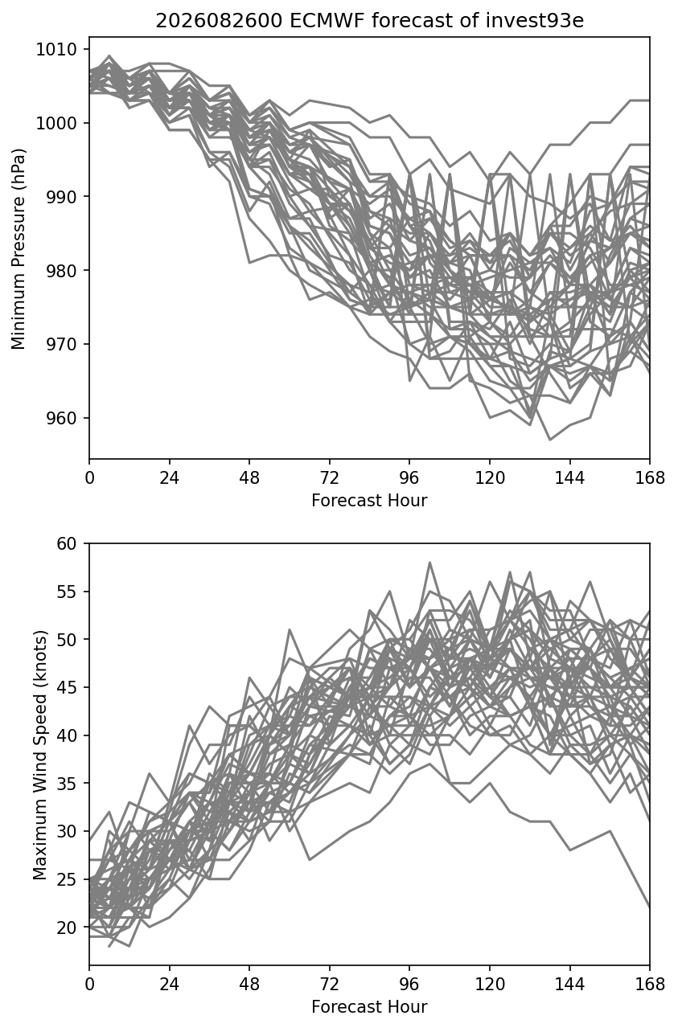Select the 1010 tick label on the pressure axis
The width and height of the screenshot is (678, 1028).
[x=56, y=49]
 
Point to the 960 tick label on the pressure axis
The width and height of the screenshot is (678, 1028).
[x=62, y=418]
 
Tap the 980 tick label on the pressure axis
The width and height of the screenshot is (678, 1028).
[x=62, y=270]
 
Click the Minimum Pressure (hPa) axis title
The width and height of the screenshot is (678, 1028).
[x=18, y=248]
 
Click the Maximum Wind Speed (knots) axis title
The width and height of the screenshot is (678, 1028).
[x=40, y=755]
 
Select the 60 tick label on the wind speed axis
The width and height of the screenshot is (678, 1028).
[x=67, y=544]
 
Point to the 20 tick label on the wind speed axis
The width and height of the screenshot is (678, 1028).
[x=67, y=928]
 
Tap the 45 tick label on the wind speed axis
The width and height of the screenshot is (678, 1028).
[x=67, y=687]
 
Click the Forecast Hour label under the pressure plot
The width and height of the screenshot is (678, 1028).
[x=369, y=500]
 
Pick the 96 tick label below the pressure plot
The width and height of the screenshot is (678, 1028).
[x=409, y=478]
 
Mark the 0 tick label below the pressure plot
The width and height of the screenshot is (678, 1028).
[x=89, y=478]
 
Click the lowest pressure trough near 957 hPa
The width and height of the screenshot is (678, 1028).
[x=550, y=440]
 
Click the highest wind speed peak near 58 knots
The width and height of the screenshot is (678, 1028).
[x=429, y=562]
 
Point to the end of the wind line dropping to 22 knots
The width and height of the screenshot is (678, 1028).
[x=650, y=907]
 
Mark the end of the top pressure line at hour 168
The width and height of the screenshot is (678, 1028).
[x=650, y=100]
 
